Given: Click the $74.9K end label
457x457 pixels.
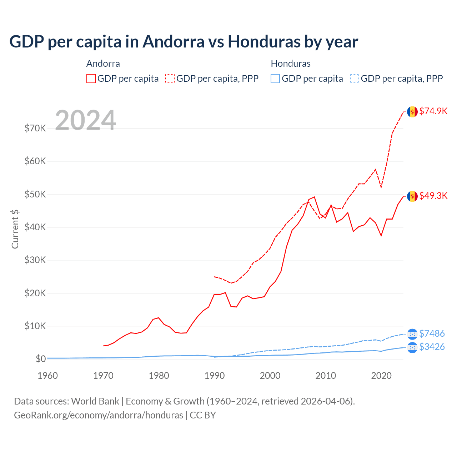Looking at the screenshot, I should pos(433,111).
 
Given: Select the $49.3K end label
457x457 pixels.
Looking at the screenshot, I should pos(433,196).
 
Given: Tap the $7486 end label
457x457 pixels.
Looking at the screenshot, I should pos(432,333).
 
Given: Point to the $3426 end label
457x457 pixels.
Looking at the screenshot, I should pos(432,347).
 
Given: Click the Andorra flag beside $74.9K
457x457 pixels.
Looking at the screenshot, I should pos(412,112).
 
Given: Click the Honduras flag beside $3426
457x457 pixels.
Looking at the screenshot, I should pos(412,347).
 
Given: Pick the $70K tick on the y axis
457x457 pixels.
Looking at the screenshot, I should pos(35,128).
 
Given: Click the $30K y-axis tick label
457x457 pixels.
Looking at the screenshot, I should pos(35,260).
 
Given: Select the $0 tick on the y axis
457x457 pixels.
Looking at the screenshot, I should pos(40,359).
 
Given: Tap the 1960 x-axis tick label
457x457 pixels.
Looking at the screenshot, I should pos(47,376).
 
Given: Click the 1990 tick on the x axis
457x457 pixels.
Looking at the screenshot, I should pos(215,376).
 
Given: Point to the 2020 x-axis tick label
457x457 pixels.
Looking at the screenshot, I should pos(381,376).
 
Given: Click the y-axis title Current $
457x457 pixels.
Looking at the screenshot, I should pos(15,229).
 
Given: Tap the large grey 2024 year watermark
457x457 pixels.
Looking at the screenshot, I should pos(85,120).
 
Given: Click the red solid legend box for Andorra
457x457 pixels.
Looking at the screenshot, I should pos(91,79).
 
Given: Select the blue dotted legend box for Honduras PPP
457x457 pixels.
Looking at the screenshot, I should pos(355,79).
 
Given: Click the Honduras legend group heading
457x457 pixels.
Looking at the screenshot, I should pos(291,64).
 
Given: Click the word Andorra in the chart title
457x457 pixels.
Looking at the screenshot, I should pos(174,42).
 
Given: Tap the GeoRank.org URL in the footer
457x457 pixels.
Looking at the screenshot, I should pos(99,415).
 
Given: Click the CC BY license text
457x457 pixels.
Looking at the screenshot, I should pos(203,415).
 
